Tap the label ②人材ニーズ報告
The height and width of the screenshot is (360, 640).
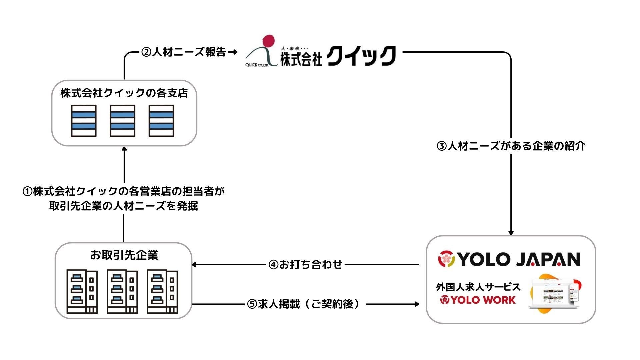click(x=184, y=52)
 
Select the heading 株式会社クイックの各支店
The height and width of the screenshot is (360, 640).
click(x=124, y=93)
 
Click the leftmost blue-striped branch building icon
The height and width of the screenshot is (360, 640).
click(x=84, y=121)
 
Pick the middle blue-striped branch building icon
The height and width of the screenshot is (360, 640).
click(x=123, y=121)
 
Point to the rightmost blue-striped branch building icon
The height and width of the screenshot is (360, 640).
click(x=161, y=121)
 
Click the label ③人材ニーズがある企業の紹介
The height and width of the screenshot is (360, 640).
click(x=511, y=146)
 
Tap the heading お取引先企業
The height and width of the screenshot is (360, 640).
click(x=124, y=255)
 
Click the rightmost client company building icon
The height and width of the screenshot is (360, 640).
click(x=162, y=291)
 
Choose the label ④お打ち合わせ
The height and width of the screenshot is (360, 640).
click(x=305, y=265)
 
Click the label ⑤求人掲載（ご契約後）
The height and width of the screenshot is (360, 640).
click(x=304, y=304)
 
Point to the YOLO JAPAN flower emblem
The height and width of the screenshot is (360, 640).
click(x=446, y=259)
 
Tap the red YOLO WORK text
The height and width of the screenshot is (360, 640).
click(x=483, y=300)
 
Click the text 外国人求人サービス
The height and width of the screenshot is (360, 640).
click(x=478, y=287)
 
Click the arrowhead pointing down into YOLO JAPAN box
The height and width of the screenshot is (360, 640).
click(x=511, y=233)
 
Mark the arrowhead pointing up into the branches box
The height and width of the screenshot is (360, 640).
click(x=124, y=149)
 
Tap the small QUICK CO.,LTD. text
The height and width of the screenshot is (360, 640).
click(x=257, y=65)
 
